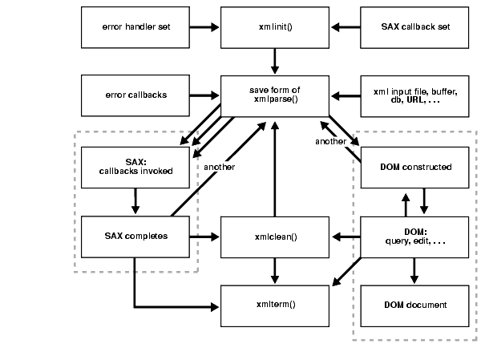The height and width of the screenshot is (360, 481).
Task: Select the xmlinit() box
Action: click(275, 26)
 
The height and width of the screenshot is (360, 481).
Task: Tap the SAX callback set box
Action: click(414, 26)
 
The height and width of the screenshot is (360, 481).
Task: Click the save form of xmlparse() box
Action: click(275, 95)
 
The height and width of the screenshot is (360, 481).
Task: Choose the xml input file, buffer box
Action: click(414, 95)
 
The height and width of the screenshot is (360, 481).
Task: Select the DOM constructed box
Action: click(414, 166)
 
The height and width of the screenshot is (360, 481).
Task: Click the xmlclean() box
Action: click(275, 236)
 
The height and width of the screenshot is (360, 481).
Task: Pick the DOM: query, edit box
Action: click(414, 236)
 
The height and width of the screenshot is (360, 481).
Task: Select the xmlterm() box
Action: click(275, 305)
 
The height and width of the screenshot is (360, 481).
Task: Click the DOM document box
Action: click(414, 305)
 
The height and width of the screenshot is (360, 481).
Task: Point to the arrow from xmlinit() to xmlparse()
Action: click(275, 61)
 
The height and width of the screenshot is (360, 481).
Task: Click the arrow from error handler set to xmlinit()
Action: click(204, 26)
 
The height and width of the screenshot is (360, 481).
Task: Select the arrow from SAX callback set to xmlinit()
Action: click(346, 26)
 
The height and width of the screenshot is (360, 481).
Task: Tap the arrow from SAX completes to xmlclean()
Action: click(204, 236)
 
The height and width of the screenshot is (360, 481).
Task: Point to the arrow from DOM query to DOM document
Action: click(414, 270)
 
